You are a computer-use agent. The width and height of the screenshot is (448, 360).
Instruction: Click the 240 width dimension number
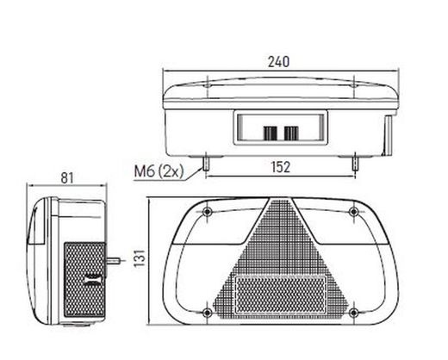[x=278, y=62]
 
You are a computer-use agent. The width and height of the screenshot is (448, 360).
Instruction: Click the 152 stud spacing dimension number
[x=281, y=167]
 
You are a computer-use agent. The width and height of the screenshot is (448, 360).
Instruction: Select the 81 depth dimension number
[x=67, y=178]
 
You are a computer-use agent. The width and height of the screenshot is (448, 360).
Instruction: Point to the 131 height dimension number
[x=140, y=258]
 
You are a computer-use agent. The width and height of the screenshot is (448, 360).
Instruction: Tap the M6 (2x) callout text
[x=159, y=171]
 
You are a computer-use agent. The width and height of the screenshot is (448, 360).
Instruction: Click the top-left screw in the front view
[x=207, y=212]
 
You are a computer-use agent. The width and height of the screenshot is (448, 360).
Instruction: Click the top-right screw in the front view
[x=354, y=212]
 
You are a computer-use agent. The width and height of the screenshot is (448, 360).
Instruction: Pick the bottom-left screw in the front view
[x=207, y=313]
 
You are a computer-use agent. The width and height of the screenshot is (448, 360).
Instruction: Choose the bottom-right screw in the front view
[x=354, y=313]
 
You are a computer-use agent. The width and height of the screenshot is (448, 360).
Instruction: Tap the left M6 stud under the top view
[x=207, y=164]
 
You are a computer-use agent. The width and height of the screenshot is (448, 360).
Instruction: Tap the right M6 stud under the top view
[x=355, y=164]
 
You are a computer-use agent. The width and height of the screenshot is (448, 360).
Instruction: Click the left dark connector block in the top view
[x=271, y=133]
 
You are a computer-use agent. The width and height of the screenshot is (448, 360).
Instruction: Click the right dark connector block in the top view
[x=291, y=133]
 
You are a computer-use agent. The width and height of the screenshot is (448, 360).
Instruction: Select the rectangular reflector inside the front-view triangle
[x=280, y=295]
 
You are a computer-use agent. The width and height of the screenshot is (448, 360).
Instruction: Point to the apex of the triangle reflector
[x=280, y=197]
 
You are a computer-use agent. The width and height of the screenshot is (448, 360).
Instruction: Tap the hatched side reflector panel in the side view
[x=84, y=280]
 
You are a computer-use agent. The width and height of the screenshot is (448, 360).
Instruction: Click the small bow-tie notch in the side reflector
[x=93, y=280]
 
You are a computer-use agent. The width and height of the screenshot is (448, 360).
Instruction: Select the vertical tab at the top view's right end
[x=389, y=134]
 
